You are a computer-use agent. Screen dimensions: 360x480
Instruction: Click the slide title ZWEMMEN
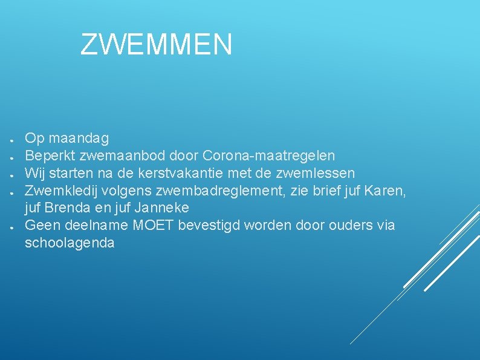156,45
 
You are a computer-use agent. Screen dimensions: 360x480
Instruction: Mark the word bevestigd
210,225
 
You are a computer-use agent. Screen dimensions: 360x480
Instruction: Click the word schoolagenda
70,243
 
